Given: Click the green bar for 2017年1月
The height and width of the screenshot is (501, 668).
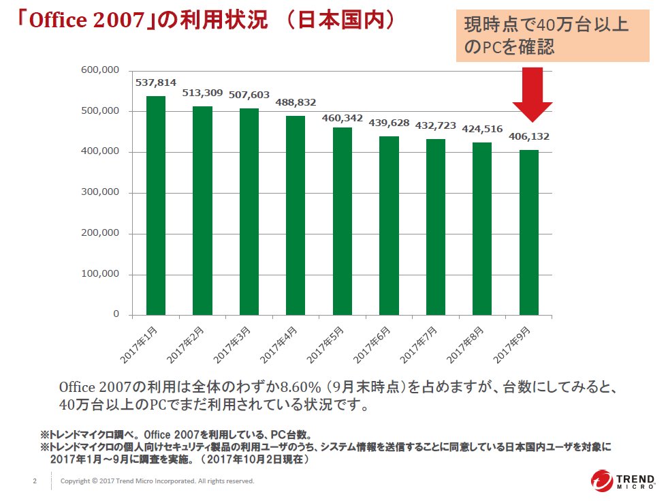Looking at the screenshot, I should tap(156, 205).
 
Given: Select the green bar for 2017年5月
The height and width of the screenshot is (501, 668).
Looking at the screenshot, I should tap(342, 221).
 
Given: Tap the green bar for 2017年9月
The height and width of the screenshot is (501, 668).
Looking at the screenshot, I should tap(529, 232).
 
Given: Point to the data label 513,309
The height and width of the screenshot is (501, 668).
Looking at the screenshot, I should tap(202, 93).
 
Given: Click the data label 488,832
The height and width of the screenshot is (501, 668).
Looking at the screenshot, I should tap(296, 102).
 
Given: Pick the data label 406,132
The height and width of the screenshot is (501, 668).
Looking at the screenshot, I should tap(529, 136).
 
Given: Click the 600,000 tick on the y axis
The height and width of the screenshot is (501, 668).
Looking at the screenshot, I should tap(101, 70).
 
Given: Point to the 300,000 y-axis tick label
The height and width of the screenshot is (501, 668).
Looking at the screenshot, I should tap(101, 192).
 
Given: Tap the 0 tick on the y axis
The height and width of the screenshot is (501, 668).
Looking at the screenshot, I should tap(116, 314).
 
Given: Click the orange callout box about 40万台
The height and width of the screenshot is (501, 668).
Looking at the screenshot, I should tap(552, 36).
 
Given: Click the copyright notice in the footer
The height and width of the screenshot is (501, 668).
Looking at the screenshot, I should tap(157, 481).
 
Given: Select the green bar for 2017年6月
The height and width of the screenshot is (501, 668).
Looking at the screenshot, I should tap(389, 226).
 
